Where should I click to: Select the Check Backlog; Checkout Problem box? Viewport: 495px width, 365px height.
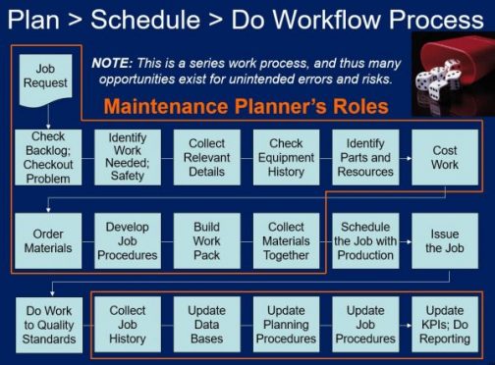click(x=49, y=158)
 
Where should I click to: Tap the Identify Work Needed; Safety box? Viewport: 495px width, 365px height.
click(x=128, y=158)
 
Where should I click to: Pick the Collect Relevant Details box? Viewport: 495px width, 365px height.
click(x=207, y=158)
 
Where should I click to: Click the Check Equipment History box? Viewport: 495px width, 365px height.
click(x=287, y=158)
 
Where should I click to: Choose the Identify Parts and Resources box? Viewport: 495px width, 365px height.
click(x=365, y=158)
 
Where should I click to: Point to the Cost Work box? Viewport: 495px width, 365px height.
click(x=444, y=158)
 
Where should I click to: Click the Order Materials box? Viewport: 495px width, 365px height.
click(x=49, y=240)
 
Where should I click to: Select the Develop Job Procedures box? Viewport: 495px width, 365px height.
click(x=128, y=240)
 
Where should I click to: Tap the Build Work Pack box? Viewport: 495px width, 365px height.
click(x=207, y=240)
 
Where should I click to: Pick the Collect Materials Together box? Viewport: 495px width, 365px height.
click(x=287, y=240)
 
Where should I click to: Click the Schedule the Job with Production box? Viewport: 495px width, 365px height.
click(x=365, y=240)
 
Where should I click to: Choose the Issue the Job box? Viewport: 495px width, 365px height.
click(x=444, y=240)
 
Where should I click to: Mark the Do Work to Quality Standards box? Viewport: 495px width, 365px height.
click(x=49, y=325)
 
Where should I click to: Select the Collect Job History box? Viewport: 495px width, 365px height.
click(x=128, y=325)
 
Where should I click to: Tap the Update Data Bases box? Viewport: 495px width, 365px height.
click(x=207, y=325)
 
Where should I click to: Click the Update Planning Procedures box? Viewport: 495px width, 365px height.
click(x=287, y=325)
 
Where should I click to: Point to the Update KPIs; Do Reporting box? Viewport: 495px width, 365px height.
click(x=444, y=325)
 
